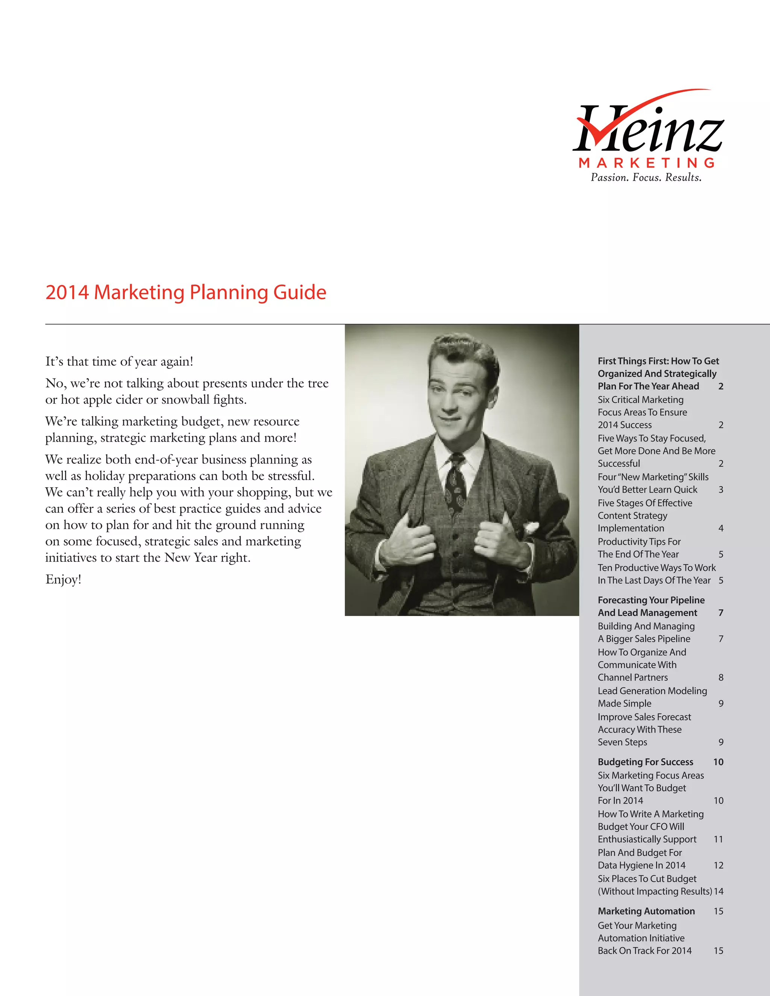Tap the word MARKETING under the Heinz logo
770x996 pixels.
tap(646, 163)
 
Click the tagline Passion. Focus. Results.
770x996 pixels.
tap(646, 177)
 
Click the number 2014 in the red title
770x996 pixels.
tap(67, 292)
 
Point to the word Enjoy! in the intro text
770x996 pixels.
tap(64, 580)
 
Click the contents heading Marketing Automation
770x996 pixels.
tap(646, 911)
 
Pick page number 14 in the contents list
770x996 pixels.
tap(718, 892)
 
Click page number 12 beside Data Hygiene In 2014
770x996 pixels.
tap(718, 866)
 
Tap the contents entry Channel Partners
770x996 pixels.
tap(633, 678)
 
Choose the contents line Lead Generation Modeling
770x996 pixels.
tap(652, 691)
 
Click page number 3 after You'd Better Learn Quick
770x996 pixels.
tap(721, 490)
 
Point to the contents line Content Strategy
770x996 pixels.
tap(632, 516)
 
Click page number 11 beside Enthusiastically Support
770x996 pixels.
tap(718, 840)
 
